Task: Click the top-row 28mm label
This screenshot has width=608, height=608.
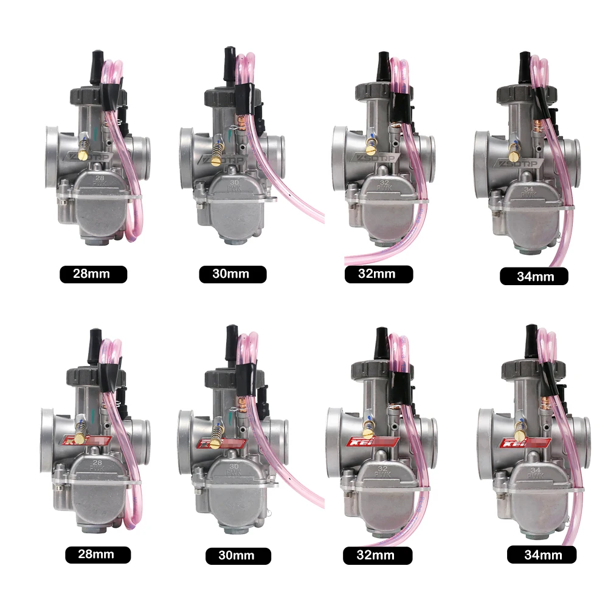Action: (93, 274)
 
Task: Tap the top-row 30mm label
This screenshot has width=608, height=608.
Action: (232, 274)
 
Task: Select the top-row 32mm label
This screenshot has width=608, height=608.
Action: (378, 274)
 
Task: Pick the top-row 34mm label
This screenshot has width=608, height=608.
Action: (534, 277)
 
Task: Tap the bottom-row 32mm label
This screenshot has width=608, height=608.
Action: (378, 555)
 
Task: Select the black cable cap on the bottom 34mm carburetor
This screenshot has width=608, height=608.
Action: (527, 337)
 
